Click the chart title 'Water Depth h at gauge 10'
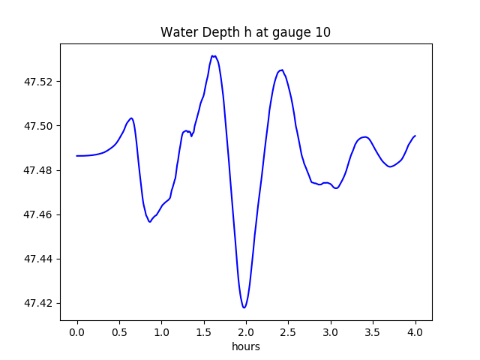click(245, 32)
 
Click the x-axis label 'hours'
click(245, 346)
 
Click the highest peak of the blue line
click(214, 56)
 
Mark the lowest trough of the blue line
click(244, 307)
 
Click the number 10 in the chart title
click(323, 32)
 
